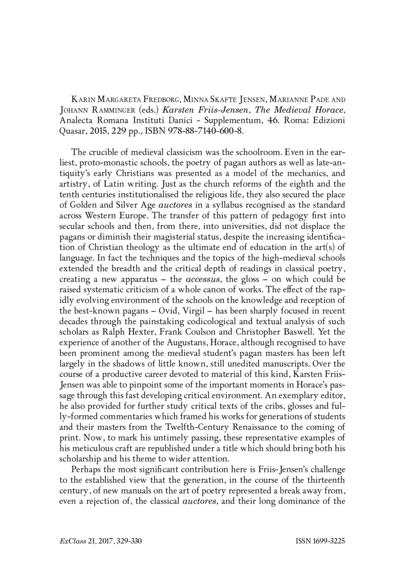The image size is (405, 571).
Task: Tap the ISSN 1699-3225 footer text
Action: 319,541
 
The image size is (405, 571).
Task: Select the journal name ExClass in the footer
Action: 70,541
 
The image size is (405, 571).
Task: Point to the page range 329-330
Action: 126,541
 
